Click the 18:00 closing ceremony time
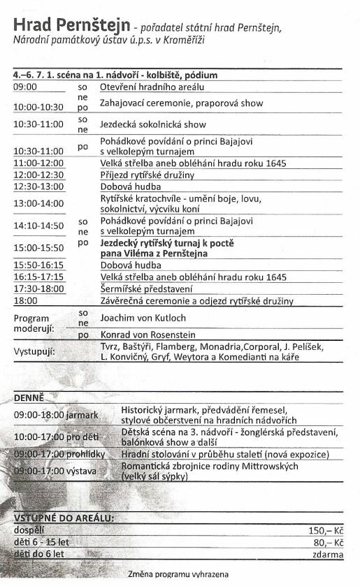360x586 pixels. pos(25,301)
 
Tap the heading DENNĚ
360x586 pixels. pos(29,398)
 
